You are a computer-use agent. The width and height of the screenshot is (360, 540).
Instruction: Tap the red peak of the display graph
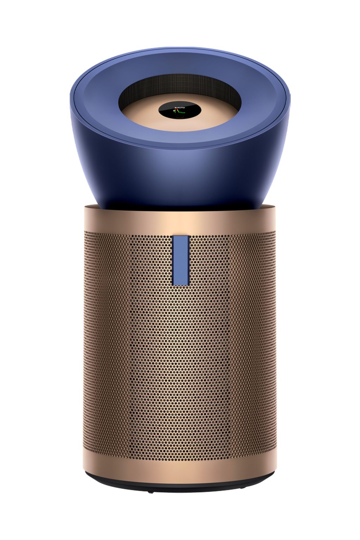click(x=178, y=110)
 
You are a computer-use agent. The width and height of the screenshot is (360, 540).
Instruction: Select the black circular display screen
click(x=180, y=110)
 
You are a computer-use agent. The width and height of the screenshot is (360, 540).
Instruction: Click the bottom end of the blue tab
click(x=181, y=273)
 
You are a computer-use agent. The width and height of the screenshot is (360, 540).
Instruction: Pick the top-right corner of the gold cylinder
click(x=276, y=205)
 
